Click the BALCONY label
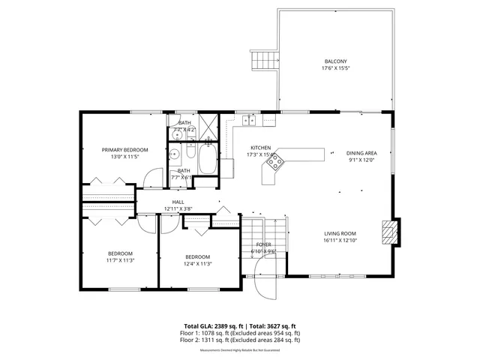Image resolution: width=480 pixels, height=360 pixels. click(335, 61)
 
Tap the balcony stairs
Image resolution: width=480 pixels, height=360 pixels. click(262, 60)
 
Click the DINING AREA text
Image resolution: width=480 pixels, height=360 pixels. click(360, 153)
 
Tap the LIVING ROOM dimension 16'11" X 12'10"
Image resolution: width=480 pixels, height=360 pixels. click(339, 241)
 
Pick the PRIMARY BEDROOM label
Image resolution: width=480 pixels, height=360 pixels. click(125, 150)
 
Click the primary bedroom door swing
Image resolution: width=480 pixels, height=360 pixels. click(154, 176)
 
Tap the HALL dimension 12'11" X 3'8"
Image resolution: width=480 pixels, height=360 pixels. click(178, 208)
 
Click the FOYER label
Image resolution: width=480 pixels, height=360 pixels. click(264, 244)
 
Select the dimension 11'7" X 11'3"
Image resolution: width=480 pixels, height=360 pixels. click(120, 261)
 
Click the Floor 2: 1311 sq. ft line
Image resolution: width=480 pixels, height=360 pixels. click(240, 340)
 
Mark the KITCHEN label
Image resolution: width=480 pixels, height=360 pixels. click(260, 148)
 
